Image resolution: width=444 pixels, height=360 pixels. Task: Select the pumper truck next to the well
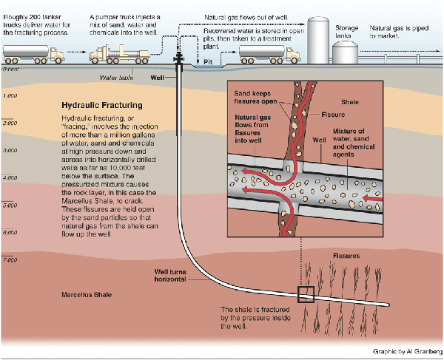pos(121,54)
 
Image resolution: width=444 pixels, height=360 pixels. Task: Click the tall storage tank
pos(319,37)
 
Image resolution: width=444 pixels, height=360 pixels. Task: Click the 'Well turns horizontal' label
pos(176,276)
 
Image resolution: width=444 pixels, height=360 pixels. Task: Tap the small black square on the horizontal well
pos(306,293)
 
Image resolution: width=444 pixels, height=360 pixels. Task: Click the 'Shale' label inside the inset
pos(349,101)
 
